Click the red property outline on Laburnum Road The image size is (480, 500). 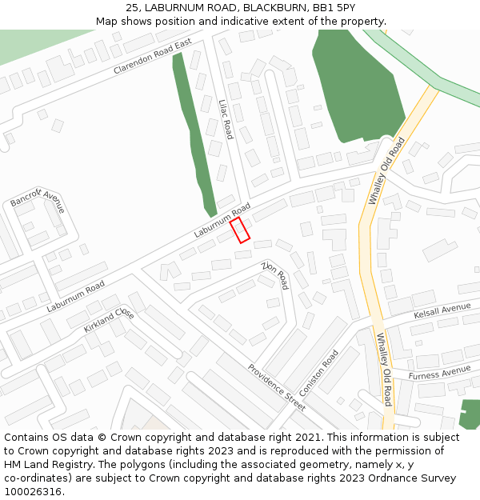coord(240,230)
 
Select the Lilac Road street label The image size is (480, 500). coord(226,119)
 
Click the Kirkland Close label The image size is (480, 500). coord(109,321)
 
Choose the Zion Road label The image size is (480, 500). coord(275,274)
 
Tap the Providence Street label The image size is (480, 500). coord(276,382)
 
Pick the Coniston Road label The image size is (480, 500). coord(319,367)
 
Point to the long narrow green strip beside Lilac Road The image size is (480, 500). coord(194,136)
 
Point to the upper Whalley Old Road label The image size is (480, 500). coord(386,170)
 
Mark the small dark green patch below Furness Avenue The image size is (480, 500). coord(470,414)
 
